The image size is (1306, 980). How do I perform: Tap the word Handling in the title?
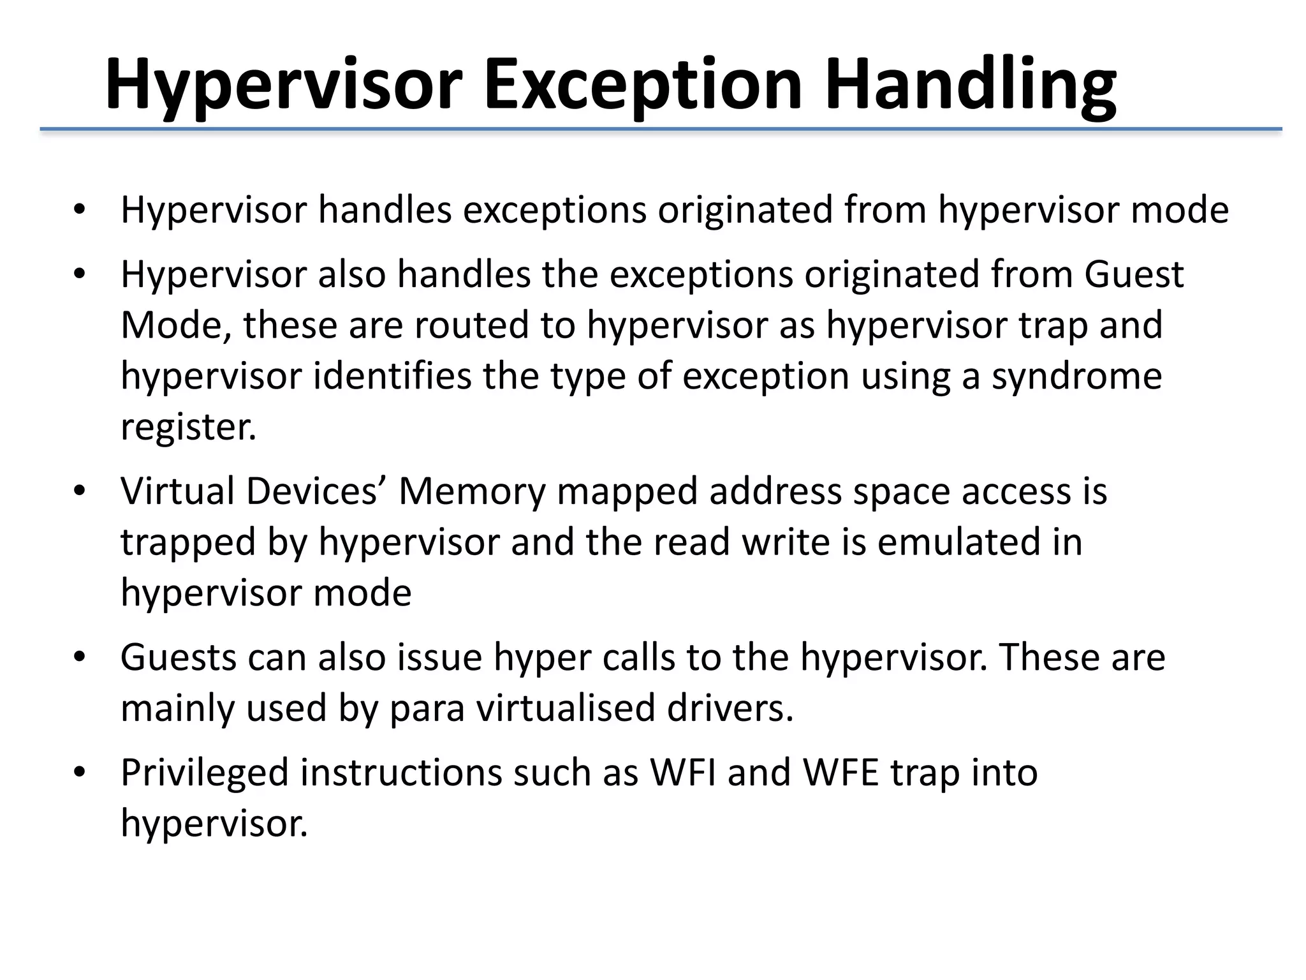click(x=969, y=85)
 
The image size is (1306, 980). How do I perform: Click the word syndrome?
click(x=1076, y=376)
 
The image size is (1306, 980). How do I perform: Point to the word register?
click(x=188, y=427)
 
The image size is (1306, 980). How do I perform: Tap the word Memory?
click(x=472, y=491)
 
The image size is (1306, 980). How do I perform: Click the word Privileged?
click(x=205, y=772)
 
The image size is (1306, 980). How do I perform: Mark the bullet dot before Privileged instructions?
click(x=79, y=773)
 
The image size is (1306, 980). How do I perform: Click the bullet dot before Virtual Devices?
click(x=79, y=492)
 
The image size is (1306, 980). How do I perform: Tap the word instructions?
click(x=401, y=772)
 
